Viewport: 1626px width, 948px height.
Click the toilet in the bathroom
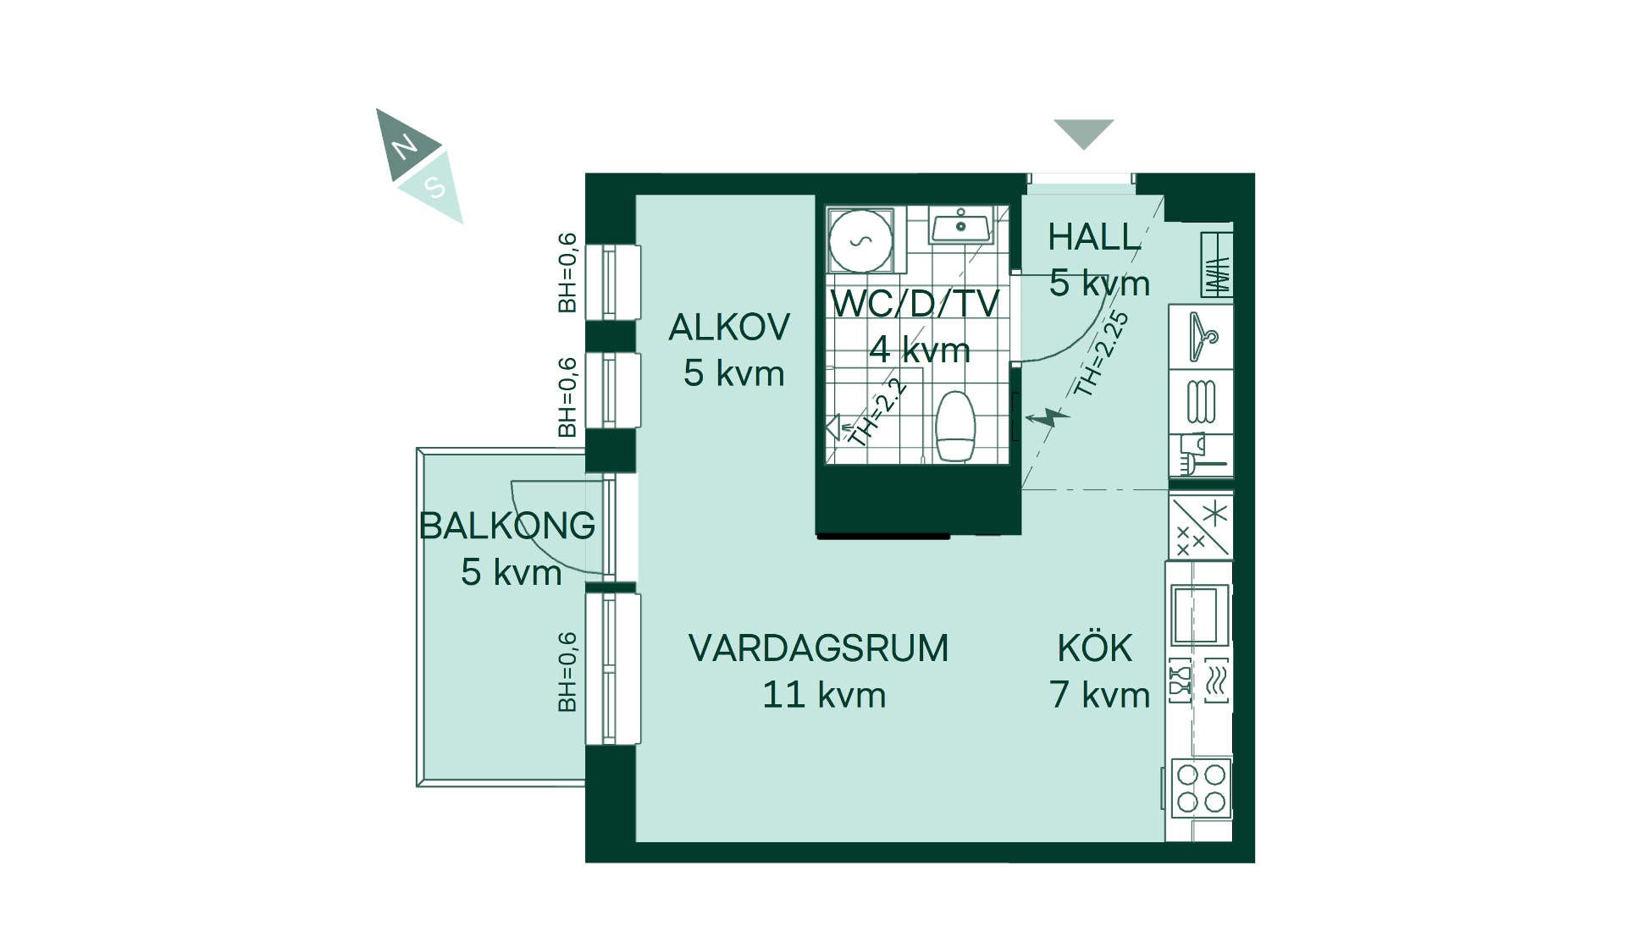pyautogui.click(x=956, y=426)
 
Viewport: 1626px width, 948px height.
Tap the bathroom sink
pyautogui.click(x=960, y=226)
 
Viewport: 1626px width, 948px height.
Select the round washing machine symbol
pyautogui.click(x=860, y=241)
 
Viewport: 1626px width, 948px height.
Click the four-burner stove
pyautogui.click(x=1201, y=787)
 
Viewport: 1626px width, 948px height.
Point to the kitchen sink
pyautogui.click(x=1200, y=615)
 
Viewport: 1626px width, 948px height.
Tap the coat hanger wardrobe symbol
pyautogui.click(x=1203, y=337)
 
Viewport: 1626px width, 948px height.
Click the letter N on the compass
pyautogui.click(x=405, y=147)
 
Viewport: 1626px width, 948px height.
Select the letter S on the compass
pyautogui.click(x=435, y=186)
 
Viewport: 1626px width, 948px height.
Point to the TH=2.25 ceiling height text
pyautogui.click(x=1101, y=353)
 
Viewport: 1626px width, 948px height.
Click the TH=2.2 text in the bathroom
pyautogui.click(x=877, y=412)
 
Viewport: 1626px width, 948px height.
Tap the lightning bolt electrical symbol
pyautogui.click(x=1048, y=417)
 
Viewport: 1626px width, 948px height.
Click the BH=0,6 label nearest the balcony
pyautogui.click(x=567, y=672)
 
